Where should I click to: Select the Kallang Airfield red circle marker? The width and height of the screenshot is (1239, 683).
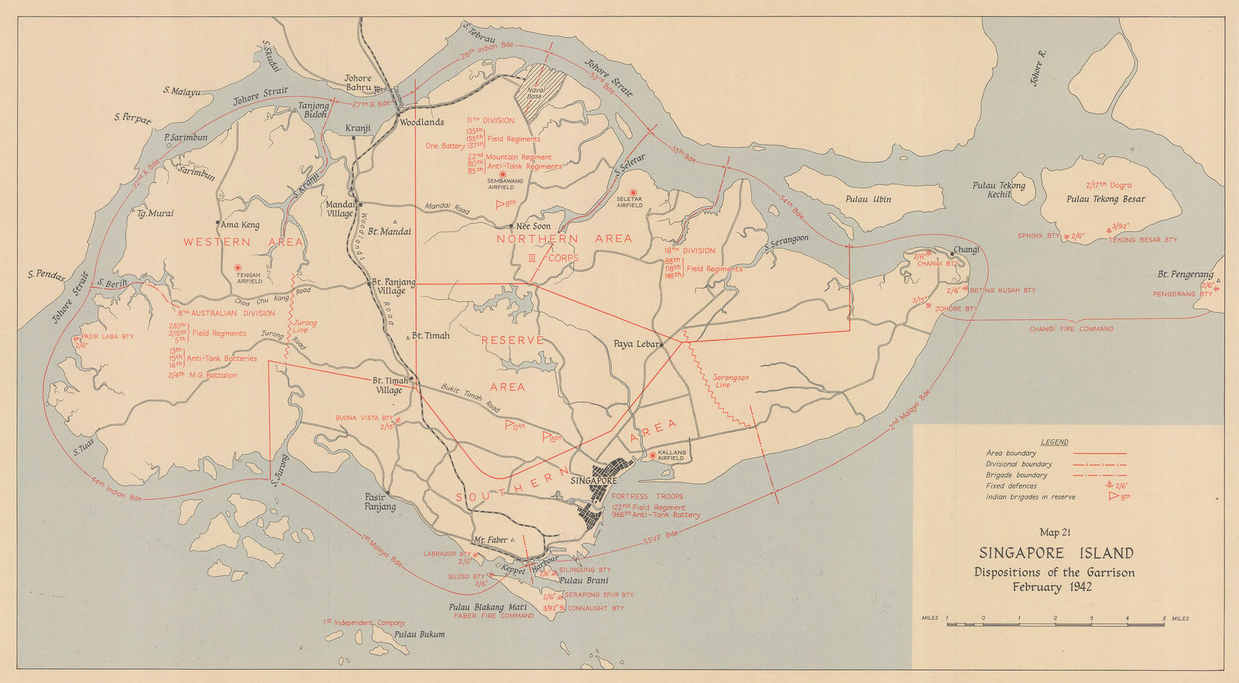tap(653, 455)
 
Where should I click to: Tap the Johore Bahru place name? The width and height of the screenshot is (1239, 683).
tap(359, 83)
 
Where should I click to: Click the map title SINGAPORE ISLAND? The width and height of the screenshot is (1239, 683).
tap(1055, 553)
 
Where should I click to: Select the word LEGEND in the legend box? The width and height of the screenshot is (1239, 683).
tap(1054, 442)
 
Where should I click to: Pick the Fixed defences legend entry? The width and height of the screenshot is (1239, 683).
tap(1011, 486)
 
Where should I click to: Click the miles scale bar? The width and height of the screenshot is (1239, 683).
tap(1055, 623)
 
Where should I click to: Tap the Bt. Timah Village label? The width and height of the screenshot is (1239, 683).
tap(390, 386)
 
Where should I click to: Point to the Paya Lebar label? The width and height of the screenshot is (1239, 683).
tap(636, 344)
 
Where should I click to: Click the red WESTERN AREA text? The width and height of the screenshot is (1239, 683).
tap(243, 242)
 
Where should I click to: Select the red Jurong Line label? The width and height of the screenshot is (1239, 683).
tap(304, 327)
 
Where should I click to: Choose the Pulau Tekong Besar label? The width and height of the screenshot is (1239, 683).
tap(1105, 199)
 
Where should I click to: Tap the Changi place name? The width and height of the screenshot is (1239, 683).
tap(966, 249)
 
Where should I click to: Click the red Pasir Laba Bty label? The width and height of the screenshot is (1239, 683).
tap(107, 337)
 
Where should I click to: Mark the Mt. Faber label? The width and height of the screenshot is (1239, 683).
tap(490, 540)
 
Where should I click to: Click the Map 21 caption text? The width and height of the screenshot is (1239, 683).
tap(1055, 532)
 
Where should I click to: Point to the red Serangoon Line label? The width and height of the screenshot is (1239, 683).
tap(731, 381)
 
